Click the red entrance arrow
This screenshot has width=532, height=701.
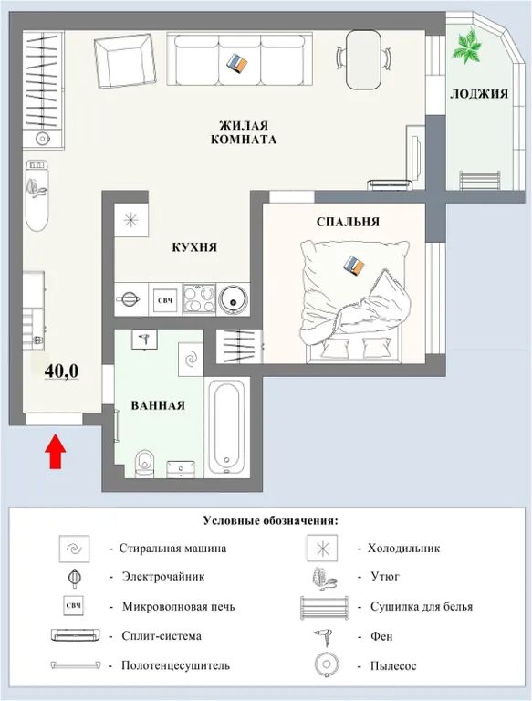tap(55, 452)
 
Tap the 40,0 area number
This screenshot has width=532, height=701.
tap(62, 370)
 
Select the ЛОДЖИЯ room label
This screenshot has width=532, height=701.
tap(477, 94)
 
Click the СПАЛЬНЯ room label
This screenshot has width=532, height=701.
tap(348, 221)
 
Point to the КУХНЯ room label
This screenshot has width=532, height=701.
tap(194, 247)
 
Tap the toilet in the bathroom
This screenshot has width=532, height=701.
tap(144, 464)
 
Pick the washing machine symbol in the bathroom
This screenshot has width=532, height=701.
tap(191, 359)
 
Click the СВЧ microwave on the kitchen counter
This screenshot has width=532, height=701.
tap(165, 298)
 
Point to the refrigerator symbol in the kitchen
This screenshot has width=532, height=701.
tap(131, 219)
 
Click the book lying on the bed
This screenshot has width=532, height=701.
tap(353, 264)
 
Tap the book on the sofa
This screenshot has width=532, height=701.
tap(239, 62)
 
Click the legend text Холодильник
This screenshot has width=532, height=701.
tap(403, 549)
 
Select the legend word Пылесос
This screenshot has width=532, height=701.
tap(393, 665)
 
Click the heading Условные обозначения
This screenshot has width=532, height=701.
tap(270, 520)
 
